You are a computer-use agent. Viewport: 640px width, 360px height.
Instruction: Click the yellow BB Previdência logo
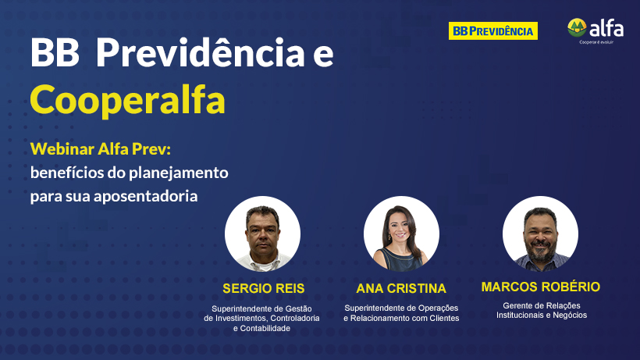[493, 31]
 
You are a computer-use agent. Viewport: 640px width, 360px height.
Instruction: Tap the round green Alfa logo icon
[577, 27]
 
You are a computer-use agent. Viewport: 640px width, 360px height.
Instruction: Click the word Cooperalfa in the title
[127, 101]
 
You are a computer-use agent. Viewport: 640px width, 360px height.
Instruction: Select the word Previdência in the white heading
[200, 52]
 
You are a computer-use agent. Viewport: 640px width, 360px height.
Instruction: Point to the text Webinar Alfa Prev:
[101, 149]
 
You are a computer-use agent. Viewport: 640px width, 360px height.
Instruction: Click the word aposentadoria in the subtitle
[146, 196]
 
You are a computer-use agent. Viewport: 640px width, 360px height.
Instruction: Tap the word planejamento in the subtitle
[179, 173]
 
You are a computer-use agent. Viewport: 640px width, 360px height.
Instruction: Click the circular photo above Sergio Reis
[262, 233]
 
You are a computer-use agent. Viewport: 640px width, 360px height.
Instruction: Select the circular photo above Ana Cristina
[401, 233]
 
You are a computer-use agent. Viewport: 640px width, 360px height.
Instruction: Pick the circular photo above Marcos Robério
[540, 233]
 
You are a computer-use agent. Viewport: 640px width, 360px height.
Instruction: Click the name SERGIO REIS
[263, 289]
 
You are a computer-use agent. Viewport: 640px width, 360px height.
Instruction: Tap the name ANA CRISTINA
[401, 289]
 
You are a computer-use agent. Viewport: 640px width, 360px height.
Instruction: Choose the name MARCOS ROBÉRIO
[541, 287]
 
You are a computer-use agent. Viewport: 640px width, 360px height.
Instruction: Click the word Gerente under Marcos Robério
[517, 305]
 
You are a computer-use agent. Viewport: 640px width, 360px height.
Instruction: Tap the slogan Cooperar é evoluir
[596, 42]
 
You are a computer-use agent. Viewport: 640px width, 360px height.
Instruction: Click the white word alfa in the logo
[606, 29]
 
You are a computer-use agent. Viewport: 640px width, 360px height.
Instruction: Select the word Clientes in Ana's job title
[443, 319]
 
